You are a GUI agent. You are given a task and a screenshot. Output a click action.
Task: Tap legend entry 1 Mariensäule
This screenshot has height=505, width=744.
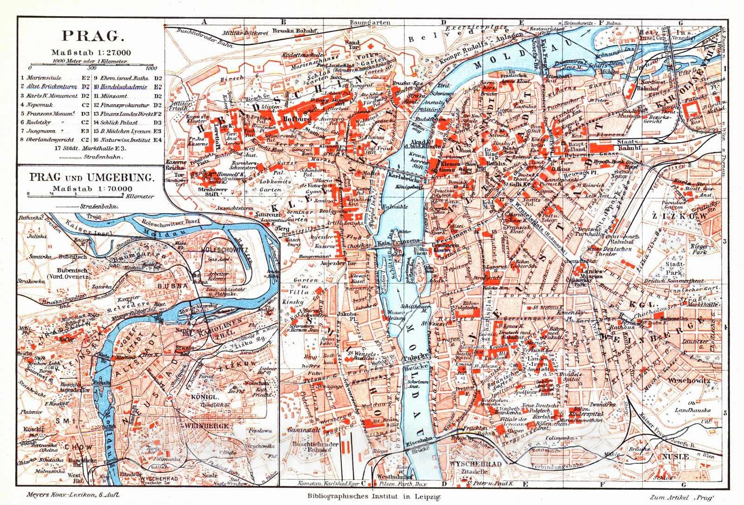pyautogui.click(x=42, y=79)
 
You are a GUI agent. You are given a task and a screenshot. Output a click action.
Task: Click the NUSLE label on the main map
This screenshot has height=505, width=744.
pyautogui.click(x=677, y=457)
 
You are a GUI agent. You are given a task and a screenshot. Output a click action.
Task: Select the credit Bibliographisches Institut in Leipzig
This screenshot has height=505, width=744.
pyautogui.click(x=371, y=496)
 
